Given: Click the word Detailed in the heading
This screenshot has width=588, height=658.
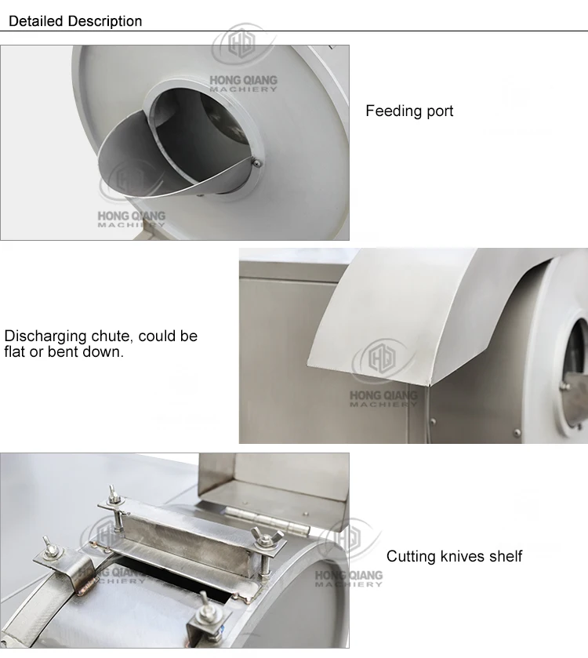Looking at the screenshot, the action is point(35,21).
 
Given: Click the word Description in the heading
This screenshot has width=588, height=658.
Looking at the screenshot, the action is point(105,21).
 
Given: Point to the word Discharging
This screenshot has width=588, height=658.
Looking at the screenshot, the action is point(45,336).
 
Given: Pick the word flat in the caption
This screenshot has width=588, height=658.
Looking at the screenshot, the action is point(14,351).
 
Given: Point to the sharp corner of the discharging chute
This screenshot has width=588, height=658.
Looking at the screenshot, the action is point(428,384).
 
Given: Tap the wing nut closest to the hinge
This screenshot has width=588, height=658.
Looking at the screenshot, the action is point(262,538).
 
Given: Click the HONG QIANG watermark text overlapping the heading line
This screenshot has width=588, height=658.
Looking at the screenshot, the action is point(243,80).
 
